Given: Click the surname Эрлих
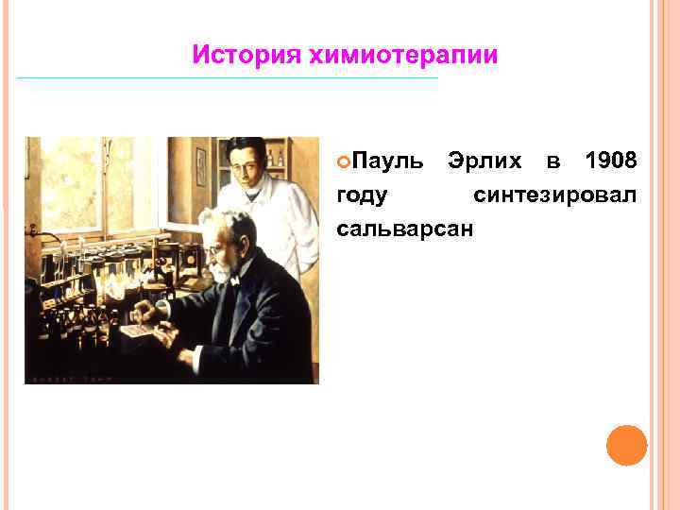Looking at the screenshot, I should (486, 161).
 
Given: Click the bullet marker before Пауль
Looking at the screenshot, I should (343, 162).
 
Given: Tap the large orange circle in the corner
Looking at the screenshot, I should (626, 445).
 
